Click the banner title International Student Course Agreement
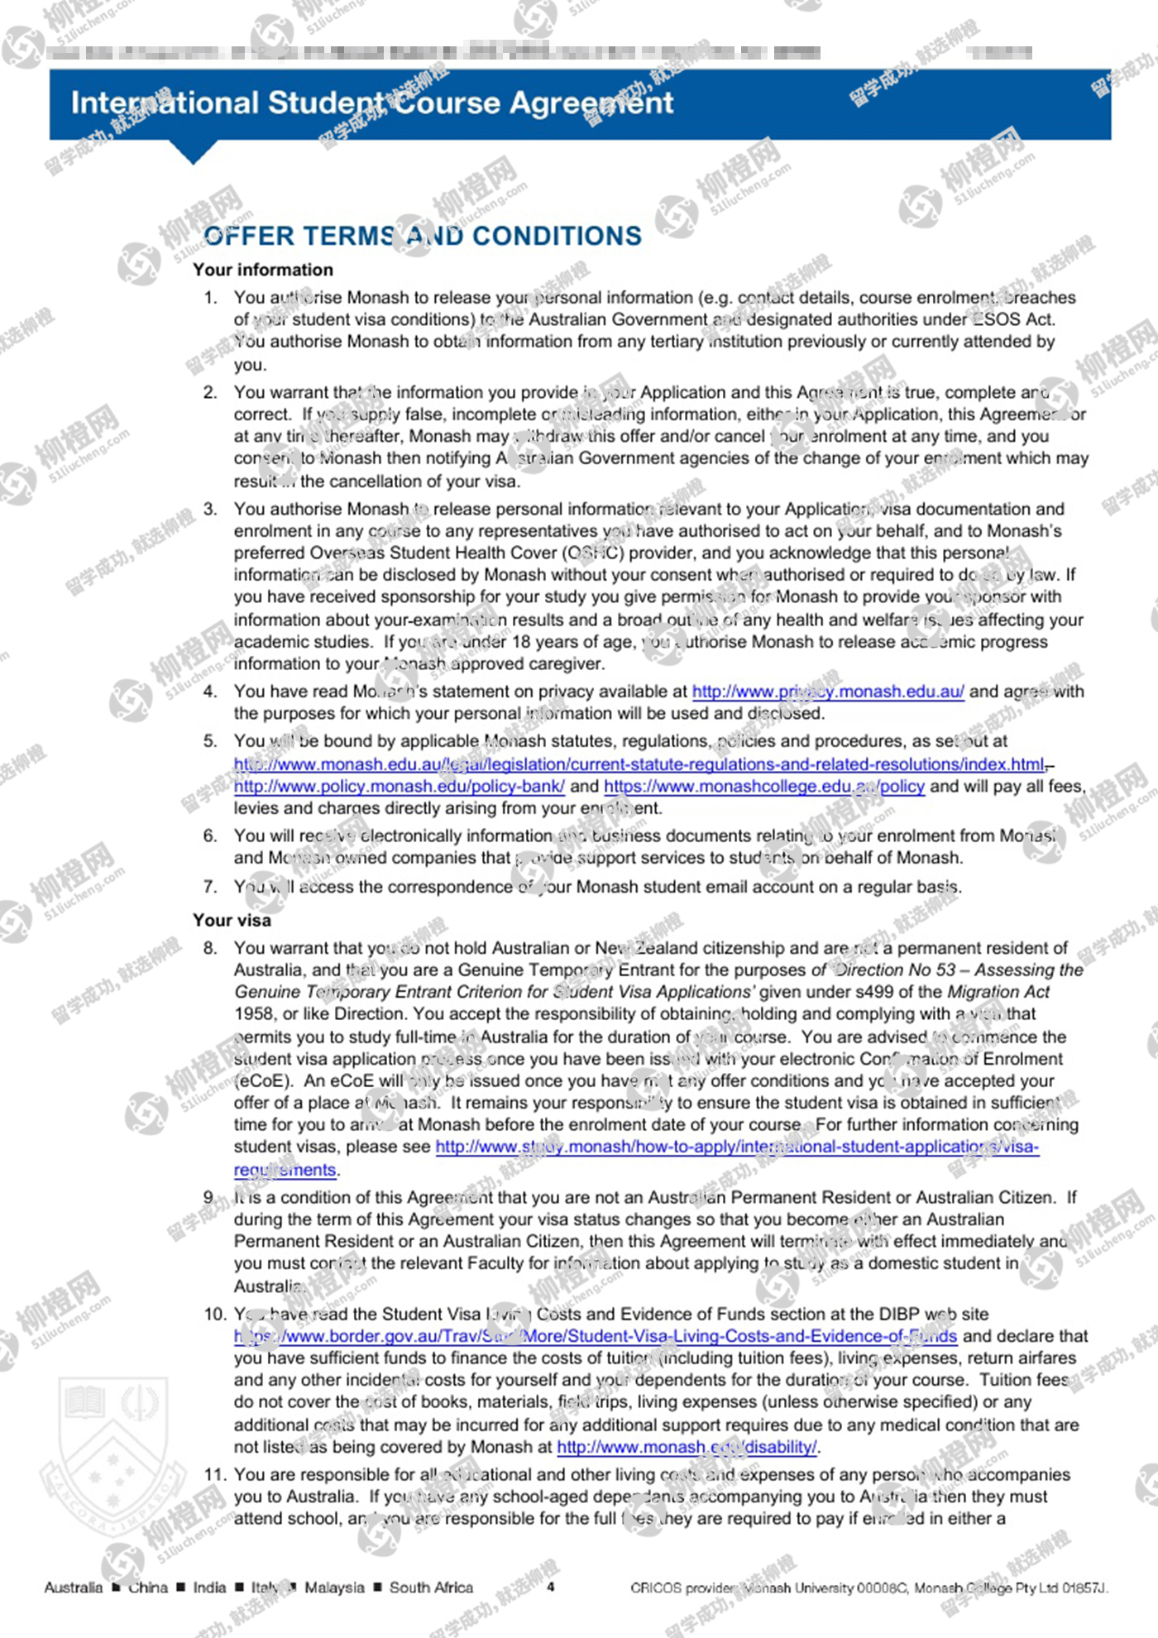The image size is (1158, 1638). pos(372,103)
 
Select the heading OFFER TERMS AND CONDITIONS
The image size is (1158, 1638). pos(423,237)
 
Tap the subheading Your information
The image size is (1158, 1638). pos(263,270)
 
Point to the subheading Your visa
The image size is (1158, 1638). pos(232,920)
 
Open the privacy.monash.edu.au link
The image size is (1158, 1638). pos(828,692)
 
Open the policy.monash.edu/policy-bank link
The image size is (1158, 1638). pos(400,786)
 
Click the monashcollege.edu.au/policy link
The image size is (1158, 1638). pos(763,786)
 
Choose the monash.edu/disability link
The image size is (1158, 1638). pos(687,1447)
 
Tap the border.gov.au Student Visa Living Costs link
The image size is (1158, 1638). pos(596,1336)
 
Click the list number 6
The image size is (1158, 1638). pos(210,836)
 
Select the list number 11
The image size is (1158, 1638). pos(215,1474)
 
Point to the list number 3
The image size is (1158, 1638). pos(210,509)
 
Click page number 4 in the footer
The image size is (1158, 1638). pos(551,1587)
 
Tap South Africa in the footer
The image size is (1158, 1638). pos(431,1588)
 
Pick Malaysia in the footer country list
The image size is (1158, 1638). pos(334,1588)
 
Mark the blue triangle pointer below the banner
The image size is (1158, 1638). pos(193,152)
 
